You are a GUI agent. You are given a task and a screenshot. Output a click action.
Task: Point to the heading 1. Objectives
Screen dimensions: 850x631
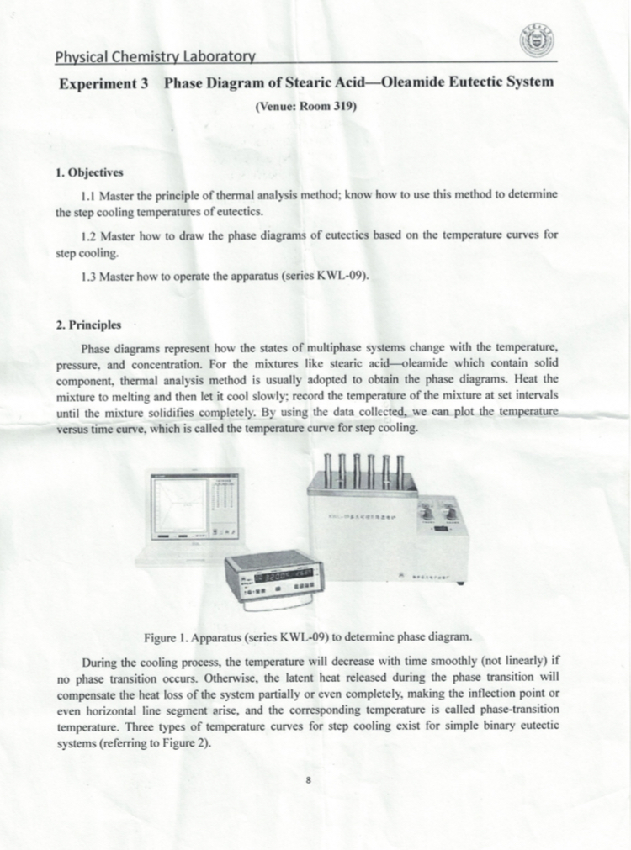click(x=89, y=173)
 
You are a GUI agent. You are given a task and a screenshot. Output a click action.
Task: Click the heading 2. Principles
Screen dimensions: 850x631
click(x=88, y=324)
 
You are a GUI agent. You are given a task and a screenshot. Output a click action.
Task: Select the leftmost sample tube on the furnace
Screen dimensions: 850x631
click(x=328, y=469)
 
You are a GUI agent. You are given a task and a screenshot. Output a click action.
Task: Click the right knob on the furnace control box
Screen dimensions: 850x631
click(x=452, y=513)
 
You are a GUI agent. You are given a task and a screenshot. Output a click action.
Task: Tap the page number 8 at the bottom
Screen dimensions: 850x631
click(x=310, y=780)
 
